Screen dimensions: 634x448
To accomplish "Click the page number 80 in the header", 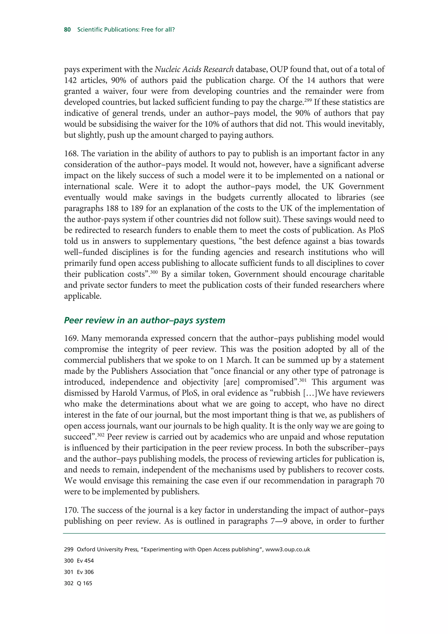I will click(67, 30).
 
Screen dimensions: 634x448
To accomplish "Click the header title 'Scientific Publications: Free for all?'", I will click(126, 30).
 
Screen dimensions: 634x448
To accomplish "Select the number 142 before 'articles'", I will click(70, 80).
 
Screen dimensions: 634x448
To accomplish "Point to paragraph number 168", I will click(71, 154).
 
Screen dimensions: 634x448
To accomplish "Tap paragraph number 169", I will click(71, 338).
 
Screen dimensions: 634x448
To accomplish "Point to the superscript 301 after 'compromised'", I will click(303, 380).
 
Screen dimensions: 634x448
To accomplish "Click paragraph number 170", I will click(71, 510).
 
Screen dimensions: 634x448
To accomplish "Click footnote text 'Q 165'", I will click(84, 583).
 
